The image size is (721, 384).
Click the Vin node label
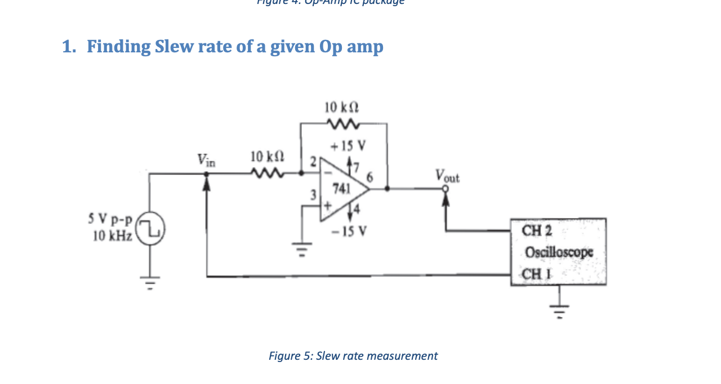[206, 160]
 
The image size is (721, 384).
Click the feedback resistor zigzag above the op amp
[342, 123]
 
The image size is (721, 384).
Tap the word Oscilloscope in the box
[559, 252]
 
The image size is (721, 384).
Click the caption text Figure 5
[291, 356]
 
